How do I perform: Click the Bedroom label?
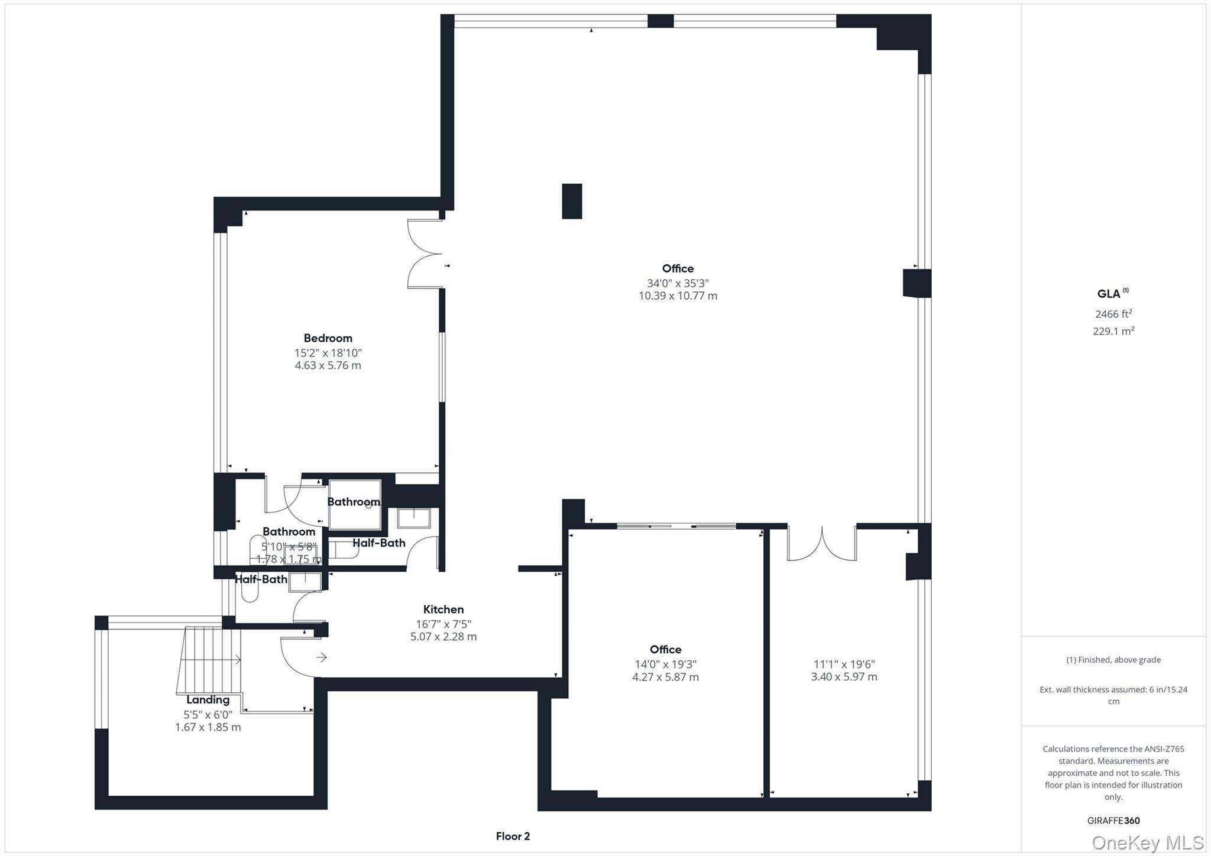pos(328,338)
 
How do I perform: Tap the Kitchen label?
pos(443,609)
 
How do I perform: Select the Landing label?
pos(208,700)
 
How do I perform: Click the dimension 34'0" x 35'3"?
pos(678,283)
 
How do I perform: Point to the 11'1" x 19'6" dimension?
pos(844,664)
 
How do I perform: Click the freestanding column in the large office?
pos(572,202)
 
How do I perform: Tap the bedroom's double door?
pos(425,254)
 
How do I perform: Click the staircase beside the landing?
pos(209,659)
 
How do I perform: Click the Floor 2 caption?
pos(513,836)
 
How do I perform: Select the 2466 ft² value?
pos(1113,314)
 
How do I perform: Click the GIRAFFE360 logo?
pos(1113,821)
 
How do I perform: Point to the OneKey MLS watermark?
pos(1147,842)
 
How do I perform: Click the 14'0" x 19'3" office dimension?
pos(665,664)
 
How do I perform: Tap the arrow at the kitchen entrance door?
pos(322,657)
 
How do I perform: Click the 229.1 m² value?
pos(1113,331)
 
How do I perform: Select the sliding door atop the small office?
pos(676,526)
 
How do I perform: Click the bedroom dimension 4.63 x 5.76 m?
pos(328,365)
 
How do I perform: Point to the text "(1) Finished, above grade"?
pos(1113,660)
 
